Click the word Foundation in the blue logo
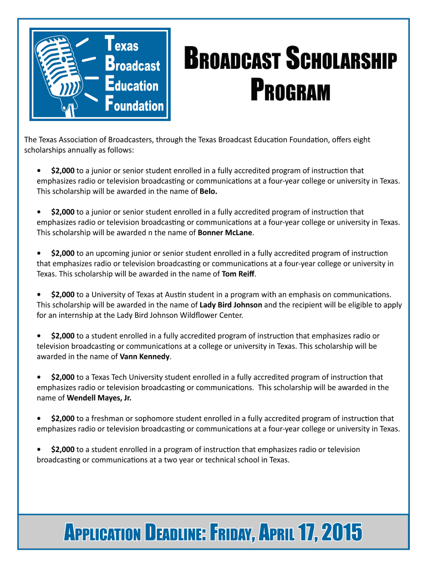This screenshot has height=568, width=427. point(135,105)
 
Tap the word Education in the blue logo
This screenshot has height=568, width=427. point(132,85)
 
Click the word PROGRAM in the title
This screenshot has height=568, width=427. point(290,92)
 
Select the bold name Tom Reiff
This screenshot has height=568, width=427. point(238,273)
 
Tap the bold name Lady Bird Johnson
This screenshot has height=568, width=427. point(231,305)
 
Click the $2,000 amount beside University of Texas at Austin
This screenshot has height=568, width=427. point(63,294)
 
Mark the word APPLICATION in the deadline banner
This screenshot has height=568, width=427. point(103,534)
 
